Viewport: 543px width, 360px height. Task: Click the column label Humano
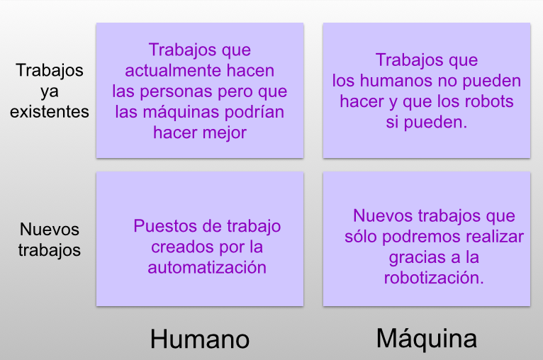(199, 339)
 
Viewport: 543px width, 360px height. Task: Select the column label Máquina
(426, 338)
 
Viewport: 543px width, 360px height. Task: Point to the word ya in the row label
(50, 91)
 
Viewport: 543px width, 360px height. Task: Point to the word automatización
(207, 267)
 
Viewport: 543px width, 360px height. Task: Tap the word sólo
(361, 236)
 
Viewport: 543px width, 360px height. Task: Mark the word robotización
(434, 277)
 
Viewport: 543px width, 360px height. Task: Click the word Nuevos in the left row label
(50, 230)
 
